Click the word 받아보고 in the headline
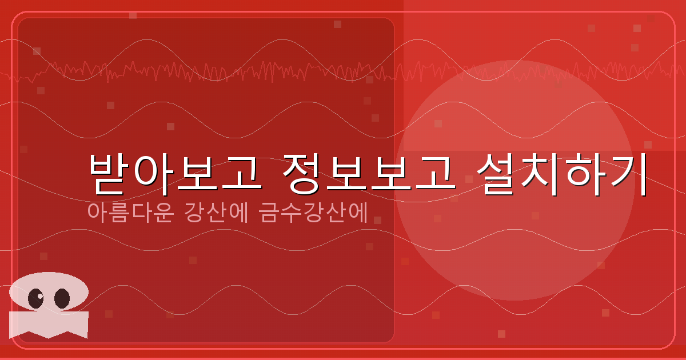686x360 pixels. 175,173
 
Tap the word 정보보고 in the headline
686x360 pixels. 369,173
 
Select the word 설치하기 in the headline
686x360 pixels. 563,173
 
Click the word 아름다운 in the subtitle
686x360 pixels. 131,212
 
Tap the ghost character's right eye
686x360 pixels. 62,298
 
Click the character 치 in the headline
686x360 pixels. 541,173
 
